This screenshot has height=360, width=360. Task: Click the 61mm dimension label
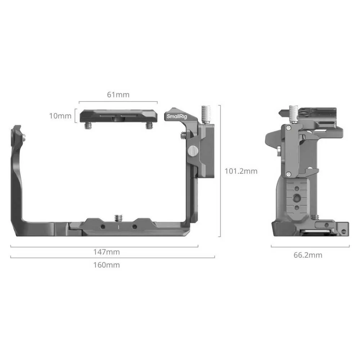(x=118, y=95)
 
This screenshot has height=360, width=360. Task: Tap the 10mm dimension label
(x=60, y=116)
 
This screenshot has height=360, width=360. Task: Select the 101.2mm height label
(x=241, y=171)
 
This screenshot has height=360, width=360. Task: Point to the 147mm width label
(x=107, y=252)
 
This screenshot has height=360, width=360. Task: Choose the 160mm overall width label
(x=107, y=265)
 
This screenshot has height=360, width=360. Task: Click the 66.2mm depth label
(x=308, y=255)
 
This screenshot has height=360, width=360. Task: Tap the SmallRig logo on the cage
(x=177, y=116)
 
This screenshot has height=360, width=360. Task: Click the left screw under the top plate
(x=88, y=125)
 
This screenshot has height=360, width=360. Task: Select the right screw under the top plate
(x=149, y=125)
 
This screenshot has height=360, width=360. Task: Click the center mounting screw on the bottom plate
(x=118, y=218)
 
